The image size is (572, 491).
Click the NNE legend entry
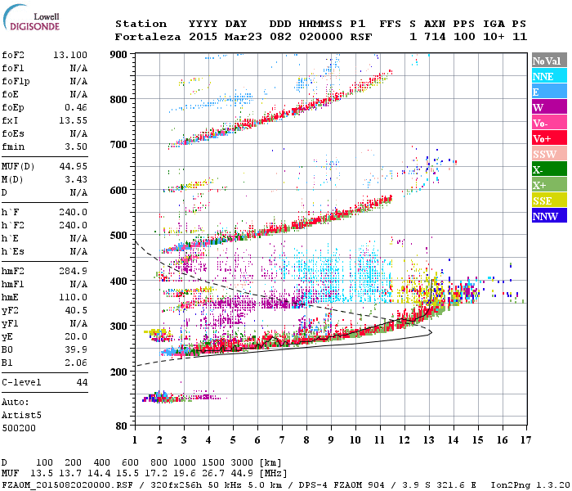[543, 76]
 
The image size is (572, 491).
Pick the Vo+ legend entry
[543, 138]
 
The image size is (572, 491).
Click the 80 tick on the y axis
[122, 426]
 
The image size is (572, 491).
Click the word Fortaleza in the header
[148, 37]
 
